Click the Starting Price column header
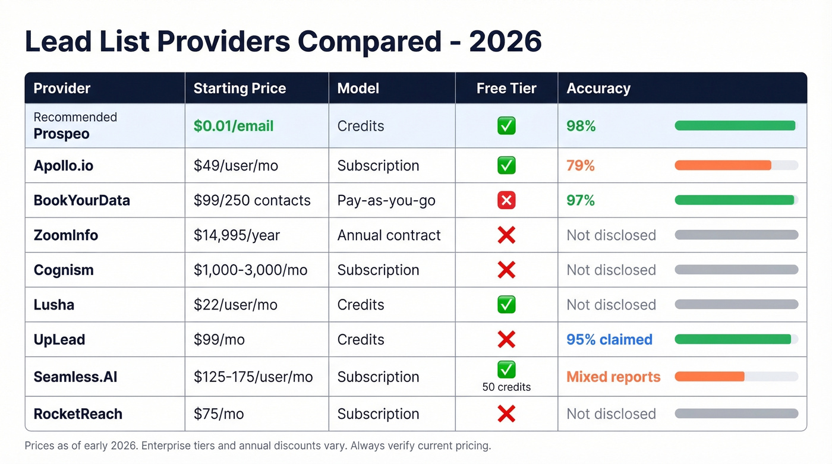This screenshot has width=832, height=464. point(239,89)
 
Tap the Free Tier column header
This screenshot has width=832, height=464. point(506,89)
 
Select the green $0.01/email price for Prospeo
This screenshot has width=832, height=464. point(234,126)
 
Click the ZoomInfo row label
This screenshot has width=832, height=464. point(65,235)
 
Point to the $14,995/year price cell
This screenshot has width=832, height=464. point(237,235)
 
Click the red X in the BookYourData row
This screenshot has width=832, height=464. point(506,200)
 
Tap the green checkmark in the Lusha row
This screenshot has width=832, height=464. point(506,305)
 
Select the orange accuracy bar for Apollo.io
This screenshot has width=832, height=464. point(723,166)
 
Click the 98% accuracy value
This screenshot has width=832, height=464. point(581,126)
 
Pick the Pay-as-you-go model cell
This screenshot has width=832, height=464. point(386,201)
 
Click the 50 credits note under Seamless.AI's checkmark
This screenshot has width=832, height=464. point(506,387)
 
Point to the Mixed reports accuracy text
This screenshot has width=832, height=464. point(613,377)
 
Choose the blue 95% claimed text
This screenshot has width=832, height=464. point(609,339)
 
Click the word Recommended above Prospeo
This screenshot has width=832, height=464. point(75,117)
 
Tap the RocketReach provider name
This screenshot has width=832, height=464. point(78,414)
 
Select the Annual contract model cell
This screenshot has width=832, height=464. point(389,235)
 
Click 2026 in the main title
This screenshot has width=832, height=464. point(505,42)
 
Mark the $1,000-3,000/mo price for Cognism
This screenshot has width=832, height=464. point(250,270)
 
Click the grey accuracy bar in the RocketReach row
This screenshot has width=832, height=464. point(736,414)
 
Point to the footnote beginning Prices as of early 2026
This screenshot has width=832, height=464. point(258,446)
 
